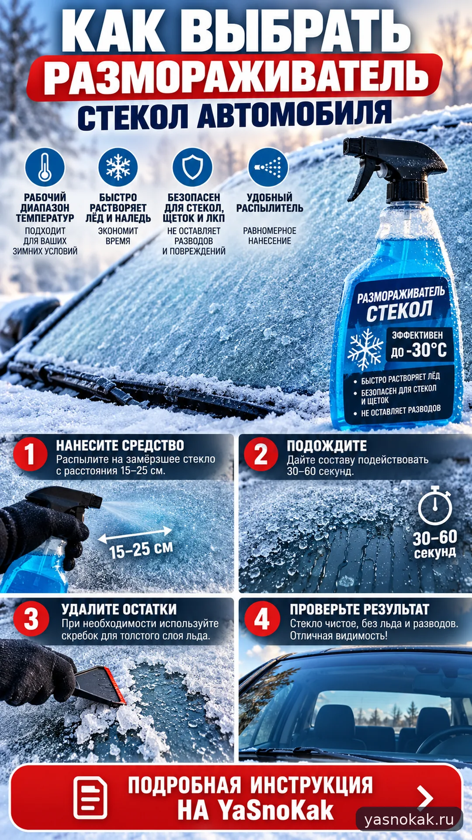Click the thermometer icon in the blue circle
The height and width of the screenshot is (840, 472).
click(45, 168)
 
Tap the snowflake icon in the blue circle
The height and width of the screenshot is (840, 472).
click(118, 168)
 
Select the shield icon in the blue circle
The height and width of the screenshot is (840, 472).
click(192, 168)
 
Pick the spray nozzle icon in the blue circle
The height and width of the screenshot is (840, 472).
click(268, 168)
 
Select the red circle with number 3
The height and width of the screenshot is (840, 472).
click(31, 619)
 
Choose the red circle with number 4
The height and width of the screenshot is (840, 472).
click(262, 619)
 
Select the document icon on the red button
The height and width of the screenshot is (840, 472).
click(90, 798)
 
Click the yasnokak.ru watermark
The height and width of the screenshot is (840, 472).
click(409, 819)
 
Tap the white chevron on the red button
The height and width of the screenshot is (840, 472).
click(425, 798)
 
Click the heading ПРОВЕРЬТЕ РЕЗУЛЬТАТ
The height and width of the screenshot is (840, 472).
click(360, 609)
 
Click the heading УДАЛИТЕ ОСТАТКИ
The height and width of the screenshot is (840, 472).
click(119, 609)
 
